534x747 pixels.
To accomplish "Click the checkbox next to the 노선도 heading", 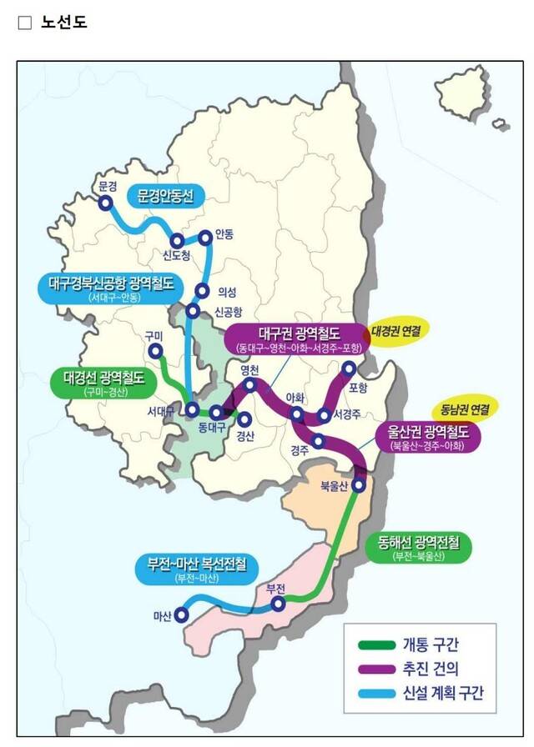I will pos(25,23).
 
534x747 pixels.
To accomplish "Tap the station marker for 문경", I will pos(105,203).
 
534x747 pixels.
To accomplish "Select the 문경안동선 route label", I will pos(166,195).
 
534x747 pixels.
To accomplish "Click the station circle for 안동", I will pos(206,237).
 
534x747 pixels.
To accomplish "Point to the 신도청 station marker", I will pos(177,242).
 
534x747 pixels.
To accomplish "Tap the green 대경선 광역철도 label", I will pos(103,381).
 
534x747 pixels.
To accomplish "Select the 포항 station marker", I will pos(350,368).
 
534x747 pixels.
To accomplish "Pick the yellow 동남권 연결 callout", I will pos(468,409).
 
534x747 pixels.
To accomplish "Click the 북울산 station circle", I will pos(359,484).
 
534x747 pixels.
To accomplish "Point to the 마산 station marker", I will pos(180,615).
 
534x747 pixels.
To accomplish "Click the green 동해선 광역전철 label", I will pos(419,547).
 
